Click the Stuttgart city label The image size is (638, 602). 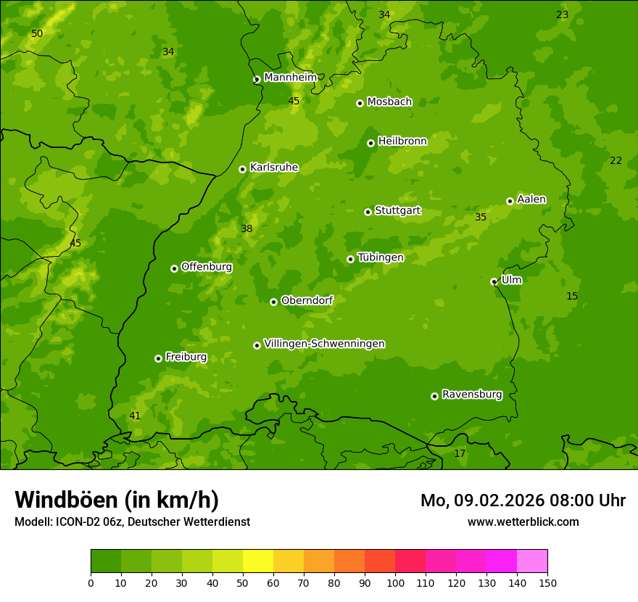(x=397, y=211)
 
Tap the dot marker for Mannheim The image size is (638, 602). (x=257, y=80)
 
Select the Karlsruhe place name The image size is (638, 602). (x=274, y=168)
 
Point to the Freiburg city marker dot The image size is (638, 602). (x=158, y=358)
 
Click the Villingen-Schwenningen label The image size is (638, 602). (x=324, y=344)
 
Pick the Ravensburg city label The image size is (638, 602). (x=472, y=395)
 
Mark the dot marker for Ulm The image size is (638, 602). (x=494, y=281)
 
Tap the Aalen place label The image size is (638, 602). (x=531, y=199)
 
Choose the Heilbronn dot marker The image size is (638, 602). (x=370, y=143)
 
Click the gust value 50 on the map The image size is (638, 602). (x=37, y=34)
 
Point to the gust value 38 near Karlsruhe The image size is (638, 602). (x=246, y=229)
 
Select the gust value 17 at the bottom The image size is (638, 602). (x=460, y=454)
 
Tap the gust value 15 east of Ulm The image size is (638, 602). (x=572, y=297)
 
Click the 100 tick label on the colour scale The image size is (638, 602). (x=395, y=582)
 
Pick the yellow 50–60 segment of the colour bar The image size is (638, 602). (x=258, y=561)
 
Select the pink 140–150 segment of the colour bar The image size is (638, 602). (x=532, y=561)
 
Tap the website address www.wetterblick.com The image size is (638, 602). (x=523, y=522)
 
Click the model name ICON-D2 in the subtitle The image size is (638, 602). (x=75, y=522)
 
